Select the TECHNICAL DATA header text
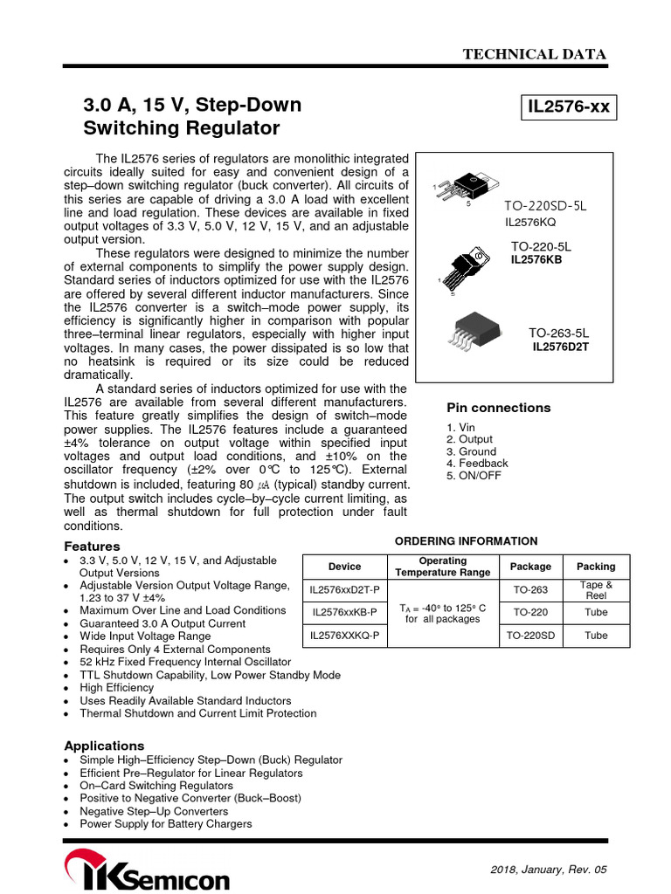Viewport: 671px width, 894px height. click(535, 54)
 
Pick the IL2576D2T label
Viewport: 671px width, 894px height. click(561, 347)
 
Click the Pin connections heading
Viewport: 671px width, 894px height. click(498, 408)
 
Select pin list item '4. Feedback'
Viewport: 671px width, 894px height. click(477, 464)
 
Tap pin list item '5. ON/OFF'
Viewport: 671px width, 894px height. click(474, 476)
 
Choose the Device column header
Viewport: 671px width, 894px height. click(344, 567)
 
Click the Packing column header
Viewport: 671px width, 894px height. click(596, 567)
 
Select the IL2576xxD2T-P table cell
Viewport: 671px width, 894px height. click(344, 591)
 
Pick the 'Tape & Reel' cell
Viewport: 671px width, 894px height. click(596, 590)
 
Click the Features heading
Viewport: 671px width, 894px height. click(92, 546)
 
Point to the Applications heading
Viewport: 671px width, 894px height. click(104, 746)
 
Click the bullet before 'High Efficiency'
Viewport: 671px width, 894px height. click(68, 689)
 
